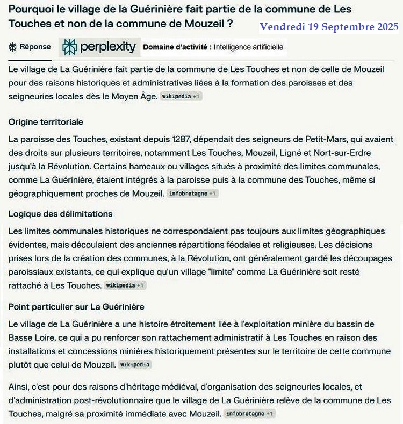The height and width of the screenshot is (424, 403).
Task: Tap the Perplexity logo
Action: (99, 47)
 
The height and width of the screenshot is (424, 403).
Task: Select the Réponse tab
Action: (30, 47)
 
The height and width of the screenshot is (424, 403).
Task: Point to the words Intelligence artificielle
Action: (248, 47)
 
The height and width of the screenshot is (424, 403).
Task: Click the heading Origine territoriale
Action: (46, 122)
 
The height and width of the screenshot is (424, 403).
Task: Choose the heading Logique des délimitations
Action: (60, 214)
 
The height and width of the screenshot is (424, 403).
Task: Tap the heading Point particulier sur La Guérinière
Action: (76, 307)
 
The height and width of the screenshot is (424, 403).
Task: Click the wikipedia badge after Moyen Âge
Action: (181, 97)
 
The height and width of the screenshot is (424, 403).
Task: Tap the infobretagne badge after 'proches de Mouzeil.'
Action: (192, 193)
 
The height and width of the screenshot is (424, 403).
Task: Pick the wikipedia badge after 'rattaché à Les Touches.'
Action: (125, 285)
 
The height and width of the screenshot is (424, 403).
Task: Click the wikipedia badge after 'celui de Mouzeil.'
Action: (134, 365)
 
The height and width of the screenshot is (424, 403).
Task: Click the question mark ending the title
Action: (229, 25)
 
